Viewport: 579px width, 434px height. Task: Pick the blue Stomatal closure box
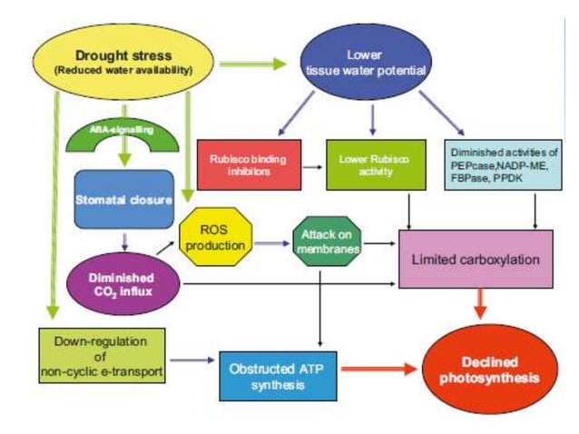click(123, 199)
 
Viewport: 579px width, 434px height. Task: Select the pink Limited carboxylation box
click(476, 260)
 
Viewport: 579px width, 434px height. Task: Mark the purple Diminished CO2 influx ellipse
click(121, 285)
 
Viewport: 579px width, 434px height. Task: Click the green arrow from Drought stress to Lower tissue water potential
click(258, 64)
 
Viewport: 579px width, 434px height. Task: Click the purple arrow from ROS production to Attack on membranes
click(274, 243)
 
